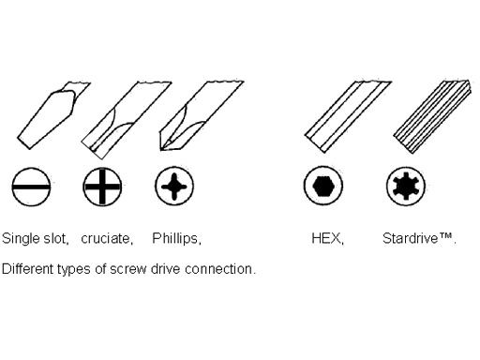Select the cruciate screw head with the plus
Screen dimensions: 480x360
(x=102, y=187)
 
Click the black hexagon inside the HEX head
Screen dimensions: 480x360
(x=323, y=186)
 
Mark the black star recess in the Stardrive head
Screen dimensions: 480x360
(x=406, y=186)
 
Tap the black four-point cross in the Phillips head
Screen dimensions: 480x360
(x=174, y=187)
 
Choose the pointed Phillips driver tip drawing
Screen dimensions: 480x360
(x=200, y=116)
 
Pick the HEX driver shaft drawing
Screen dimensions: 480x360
(x=347, y=117)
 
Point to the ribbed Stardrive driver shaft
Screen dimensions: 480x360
(x=433, y=117)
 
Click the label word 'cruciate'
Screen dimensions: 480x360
(x=105, y=239)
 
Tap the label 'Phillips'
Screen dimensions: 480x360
(x=174, y=239)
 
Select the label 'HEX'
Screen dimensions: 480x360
(x=325, y=238)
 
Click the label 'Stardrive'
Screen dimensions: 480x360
(x=410, y=238)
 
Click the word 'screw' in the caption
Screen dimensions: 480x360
(x=128, y=269)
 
